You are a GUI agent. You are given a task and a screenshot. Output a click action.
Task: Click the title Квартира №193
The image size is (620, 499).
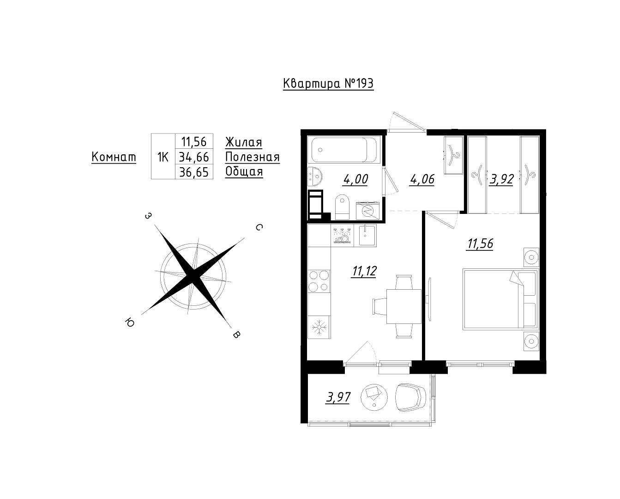pyautogui.click(x=328, y=84)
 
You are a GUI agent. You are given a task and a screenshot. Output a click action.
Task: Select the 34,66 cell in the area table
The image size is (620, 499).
pyautogui.click(x=194, y=157)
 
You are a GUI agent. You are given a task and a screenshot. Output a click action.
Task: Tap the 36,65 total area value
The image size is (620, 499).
pyautogui.click(x=194, y=172)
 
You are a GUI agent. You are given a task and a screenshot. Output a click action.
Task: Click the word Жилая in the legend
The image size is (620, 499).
pyautogui.click(x=243, y=142)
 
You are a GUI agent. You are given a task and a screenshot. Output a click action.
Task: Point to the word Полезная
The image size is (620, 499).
pyautogui.click(x=253, y=157)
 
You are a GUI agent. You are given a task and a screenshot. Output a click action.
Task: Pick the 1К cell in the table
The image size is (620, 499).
pyautogui.click(x=163, y=157)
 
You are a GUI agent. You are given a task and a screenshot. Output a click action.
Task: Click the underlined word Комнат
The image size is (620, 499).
pyautogui.click(x=114, y=157)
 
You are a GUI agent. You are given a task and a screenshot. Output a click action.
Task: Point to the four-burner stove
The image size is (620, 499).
pyautogui.click(x=319, y=281)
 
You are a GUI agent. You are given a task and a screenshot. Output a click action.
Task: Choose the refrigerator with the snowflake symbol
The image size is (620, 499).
pyautogui.click(x=319, y=327)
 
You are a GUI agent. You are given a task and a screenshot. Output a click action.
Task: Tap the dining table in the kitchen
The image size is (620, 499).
pyautogui.click(x=404, y=306)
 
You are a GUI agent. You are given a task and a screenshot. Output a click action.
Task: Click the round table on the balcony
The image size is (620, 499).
pyautogui.click(x=374, y=397)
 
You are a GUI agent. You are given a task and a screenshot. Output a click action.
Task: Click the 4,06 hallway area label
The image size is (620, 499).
pyautogui.click(x=422, y=179)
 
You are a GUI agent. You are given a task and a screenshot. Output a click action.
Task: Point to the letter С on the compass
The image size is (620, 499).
pyautogui.click(x=259, y=227)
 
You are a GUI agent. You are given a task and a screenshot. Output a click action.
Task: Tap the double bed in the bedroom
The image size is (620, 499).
pyautogui.click(x=501, y=299)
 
